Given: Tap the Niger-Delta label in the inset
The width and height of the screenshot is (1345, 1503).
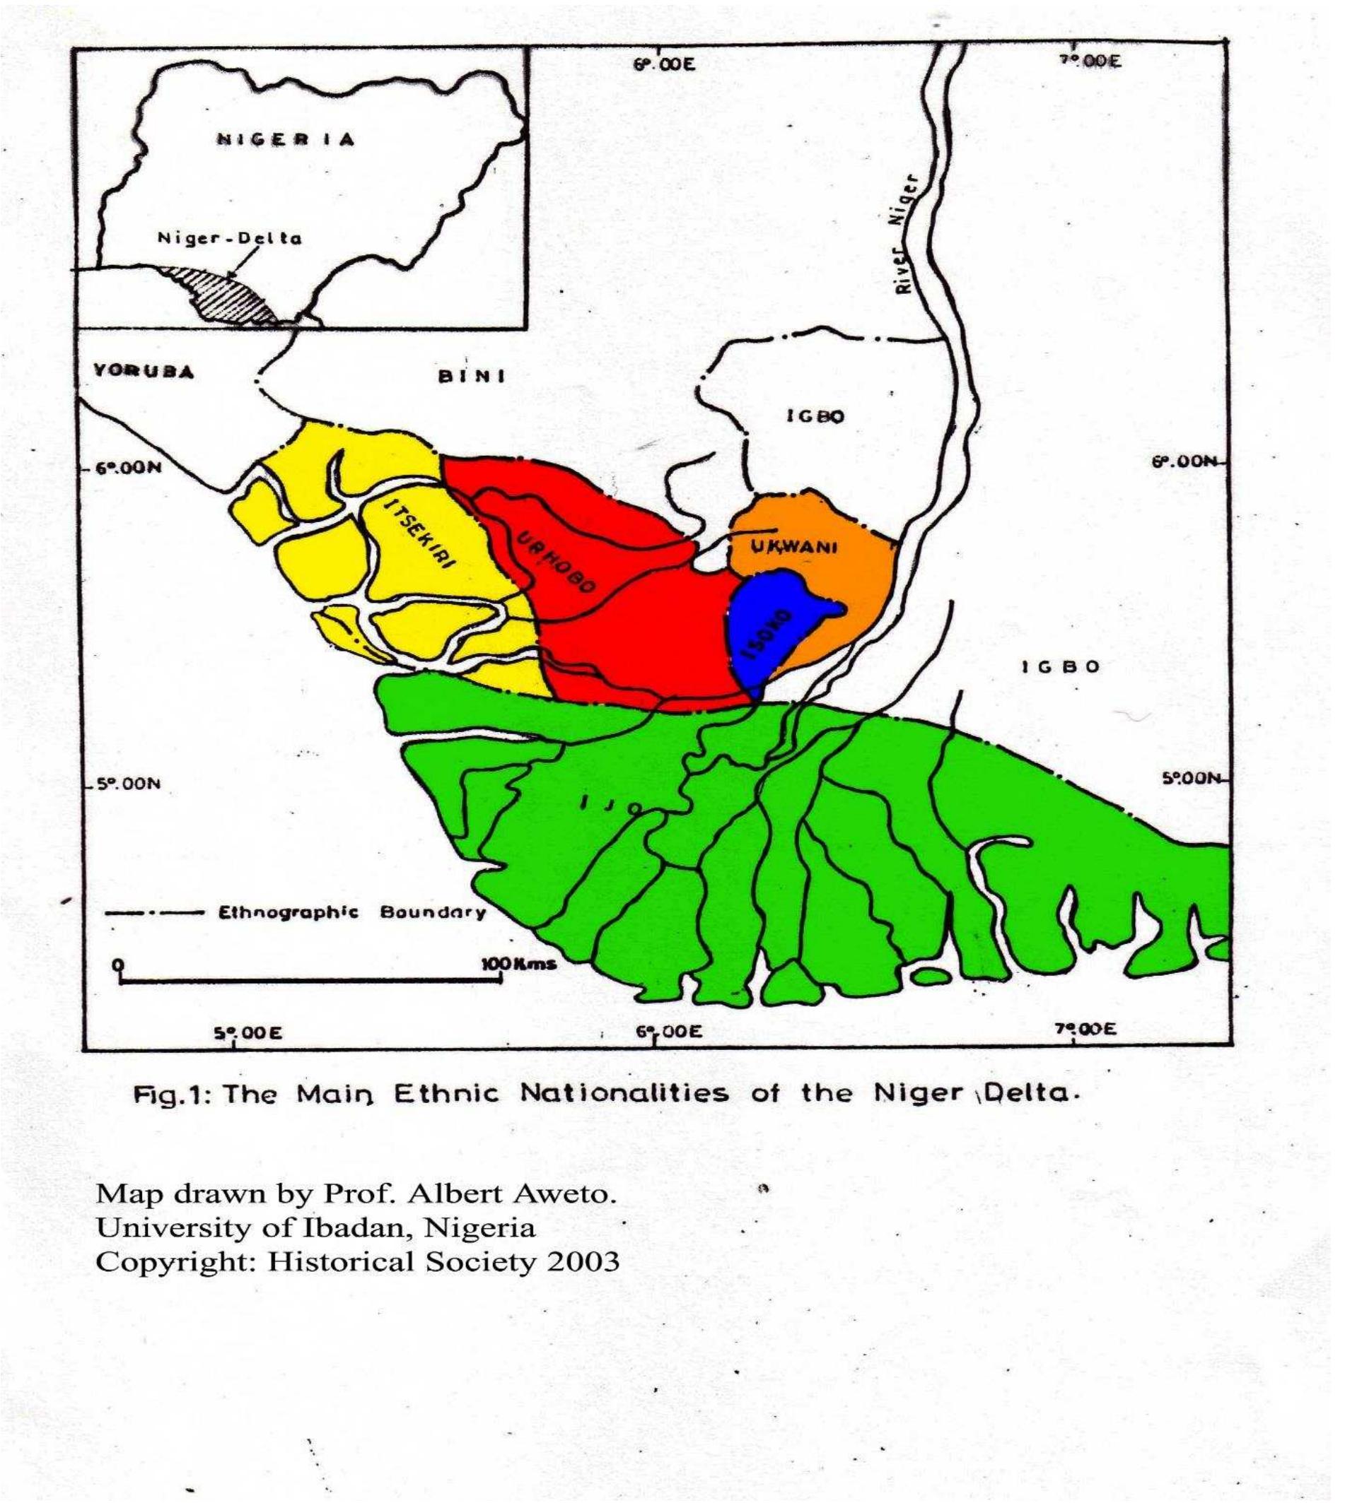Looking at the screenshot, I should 230,239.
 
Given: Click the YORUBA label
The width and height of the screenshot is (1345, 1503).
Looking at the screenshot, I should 145,372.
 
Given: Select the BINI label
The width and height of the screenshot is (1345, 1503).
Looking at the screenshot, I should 473,377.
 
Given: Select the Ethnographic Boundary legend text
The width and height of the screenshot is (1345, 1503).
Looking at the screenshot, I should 351,912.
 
